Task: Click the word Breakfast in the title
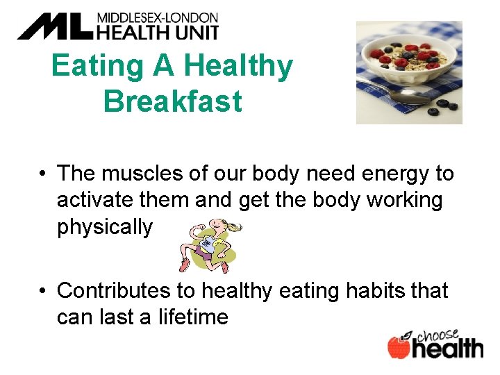[x=172, y=101]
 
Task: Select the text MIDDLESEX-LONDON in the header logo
[x=157, y=17]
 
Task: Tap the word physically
[x=104, y=227]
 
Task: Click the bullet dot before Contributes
[x=44, y=291]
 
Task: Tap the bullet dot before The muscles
[x=44, y=174]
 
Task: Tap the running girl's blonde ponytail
[x=235, y=226]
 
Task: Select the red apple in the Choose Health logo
[x=399, y=347]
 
